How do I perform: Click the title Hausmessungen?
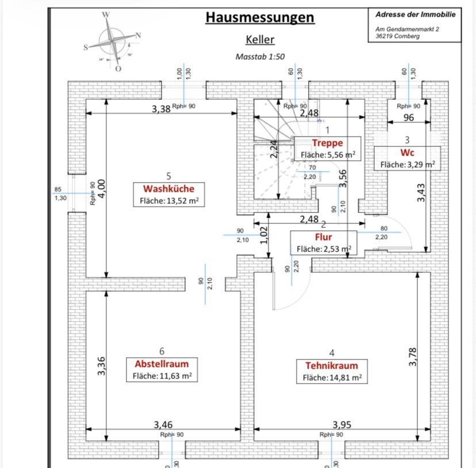point(260,17)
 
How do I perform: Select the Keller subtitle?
point(260,40)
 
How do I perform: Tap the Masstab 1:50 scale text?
point(260,57)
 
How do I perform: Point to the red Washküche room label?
point(168,189)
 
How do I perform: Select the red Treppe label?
point(327,143)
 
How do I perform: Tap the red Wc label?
point(407,153)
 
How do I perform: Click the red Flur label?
point(323,237)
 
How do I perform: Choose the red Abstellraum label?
point(162,364)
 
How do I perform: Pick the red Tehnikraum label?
point(332,366)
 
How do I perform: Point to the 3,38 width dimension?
point(161,109)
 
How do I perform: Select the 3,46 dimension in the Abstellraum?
point(163,425)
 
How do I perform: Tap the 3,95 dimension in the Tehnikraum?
point(341,425)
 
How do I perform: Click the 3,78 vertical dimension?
point(412,357)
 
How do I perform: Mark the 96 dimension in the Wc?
point(409,118)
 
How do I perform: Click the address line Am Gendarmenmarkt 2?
point(406,29)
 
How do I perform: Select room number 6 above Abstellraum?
point(162,351)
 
